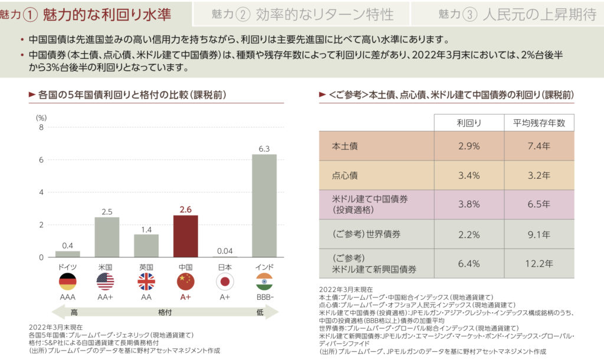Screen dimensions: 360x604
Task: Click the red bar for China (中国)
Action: (185, 236)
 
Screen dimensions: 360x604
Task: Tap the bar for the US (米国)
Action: (107, 237)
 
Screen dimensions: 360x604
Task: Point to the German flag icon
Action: (67, 282)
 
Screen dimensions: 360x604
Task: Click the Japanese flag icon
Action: (225, 282)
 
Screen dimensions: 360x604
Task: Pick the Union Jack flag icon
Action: (146, 282)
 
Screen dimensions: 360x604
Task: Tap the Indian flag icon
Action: (264, 282)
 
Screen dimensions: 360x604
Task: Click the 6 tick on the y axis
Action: (41, 160)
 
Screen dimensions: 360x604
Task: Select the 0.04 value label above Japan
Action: (225, 251)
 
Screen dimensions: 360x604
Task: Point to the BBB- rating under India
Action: (264, 297)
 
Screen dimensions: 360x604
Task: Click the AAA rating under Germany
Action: (67, 297)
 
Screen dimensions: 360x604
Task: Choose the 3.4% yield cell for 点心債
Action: (469, 175)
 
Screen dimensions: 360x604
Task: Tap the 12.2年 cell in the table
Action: (539, 263)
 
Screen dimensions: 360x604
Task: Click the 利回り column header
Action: (469, 123)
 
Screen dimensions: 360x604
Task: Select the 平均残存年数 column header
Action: (539, 123)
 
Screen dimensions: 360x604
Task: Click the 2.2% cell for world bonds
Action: (469, 234)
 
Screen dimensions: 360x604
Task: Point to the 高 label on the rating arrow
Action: (74, 312)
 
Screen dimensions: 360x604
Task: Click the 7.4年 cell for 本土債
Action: (539, 146)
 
